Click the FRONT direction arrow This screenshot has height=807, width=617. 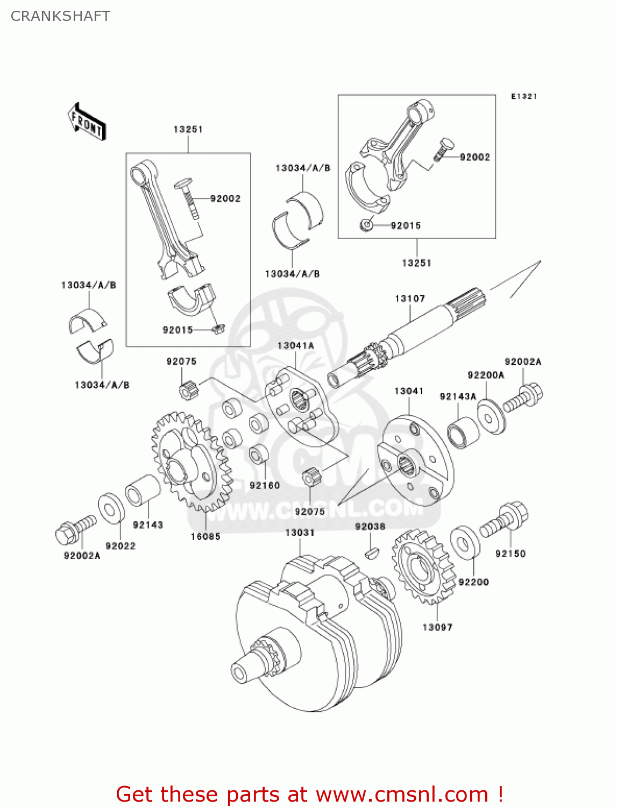(x=87, y=123)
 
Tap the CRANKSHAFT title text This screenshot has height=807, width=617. (x=60, y=16)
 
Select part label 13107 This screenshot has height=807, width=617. (x=409, y=299)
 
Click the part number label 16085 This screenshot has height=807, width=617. (x=205, y=536)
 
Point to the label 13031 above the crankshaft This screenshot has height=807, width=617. (x=300, y=533)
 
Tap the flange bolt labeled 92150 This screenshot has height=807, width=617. (x=505, y=519)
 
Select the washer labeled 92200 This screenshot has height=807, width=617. (x=465, y=541)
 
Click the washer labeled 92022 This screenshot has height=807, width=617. (x=111, y=508)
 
